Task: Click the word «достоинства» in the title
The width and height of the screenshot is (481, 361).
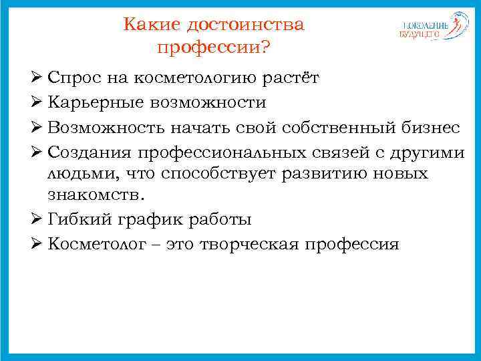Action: [245, 25]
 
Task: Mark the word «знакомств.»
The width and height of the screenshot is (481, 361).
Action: [96, 196]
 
